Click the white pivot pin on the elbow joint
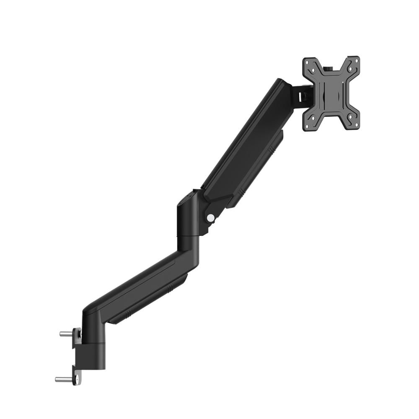(211, 217)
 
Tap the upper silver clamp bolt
(65, 334)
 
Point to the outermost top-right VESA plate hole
(356, 61)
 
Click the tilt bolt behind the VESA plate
(305, 96)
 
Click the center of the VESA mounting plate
(331, 93)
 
